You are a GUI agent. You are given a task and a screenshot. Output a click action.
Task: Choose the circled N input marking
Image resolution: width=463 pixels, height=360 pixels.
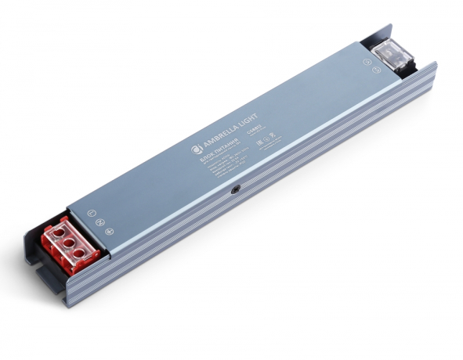[100, 221]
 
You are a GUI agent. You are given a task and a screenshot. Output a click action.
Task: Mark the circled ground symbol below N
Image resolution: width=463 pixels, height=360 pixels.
[110, 231]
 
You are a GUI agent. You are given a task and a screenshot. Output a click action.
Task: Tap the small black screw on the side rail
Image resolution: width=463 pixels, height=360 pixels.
[235, 189]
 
